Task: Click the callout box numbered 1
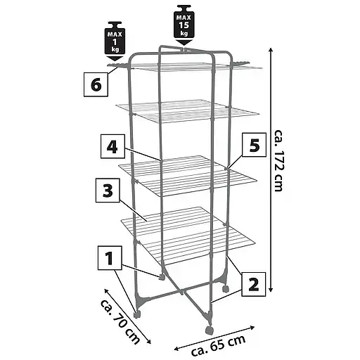(x=110, y=258)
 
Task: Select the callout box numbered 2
(x=254, y=284)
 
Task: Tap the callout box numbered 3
(x=108, y=191)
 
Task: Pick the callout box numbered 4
(x=112, y=146)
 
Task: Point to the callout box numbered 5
(x=255, y=145)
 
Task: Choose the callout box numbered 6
(x=96, y=84)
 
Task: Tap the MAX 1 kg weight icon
(x=115, y=41)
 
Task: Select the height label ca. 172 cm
(x=278, y=160)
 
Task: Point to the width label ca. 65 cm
(x=219, y=345)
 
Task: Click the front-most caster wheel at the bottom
(x=209, y=330)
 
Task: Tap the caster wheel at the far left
(x=137, y=314)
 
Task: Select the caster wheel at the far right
(x=225, y=288)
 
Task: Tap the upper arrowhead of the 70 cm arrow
(x=107, y=291)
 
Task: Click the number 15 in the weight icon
(x=184, y=25)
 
